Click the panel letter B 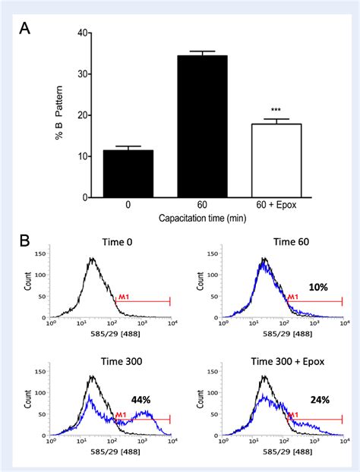point(26,242)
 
